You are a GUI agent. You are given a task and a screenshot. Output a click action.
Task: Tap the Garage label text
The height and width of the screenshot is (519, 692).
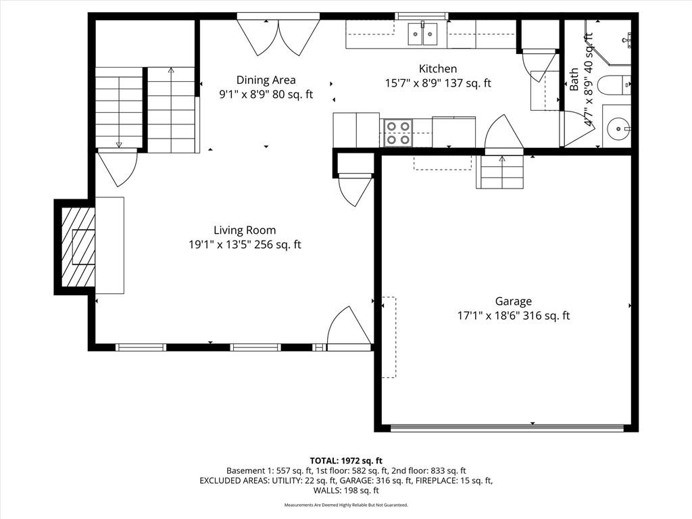514,301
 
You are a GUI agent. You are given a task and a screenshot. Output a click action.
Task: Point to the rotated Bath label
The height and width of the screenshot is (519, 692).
574,80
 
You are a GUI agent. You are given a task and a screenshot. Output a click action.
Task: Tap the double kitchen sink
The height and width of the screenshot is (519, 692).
423,34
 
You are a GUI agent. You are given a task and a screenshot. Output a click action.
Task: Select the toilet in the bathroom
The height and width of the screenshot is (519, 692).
614,85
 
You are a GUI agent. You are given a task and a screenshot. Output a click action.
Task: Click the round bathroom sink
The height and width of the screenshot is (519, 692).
618,129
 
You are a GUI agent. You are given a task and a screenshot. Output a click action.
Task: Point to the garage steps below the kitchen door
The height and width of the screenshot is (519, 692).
500,172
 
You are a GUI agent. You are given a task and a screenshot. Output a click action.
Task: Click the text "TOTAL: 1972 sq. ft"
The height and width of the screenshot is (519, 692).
346,461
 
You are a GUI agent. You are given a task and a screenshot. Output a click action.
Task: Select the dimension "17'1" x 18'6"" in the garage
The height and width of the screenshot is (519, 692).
490,316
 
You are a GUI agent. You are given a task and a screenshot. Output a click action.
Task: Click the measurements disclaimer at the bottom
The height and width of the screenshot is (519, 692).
346,505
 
